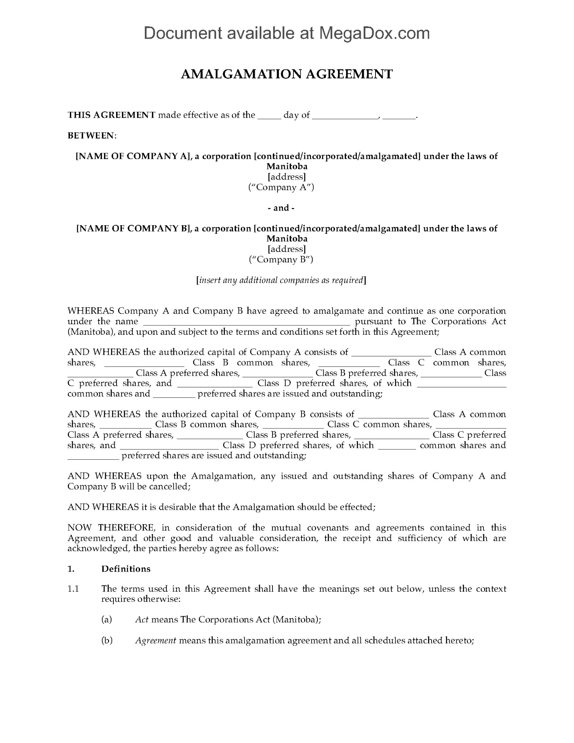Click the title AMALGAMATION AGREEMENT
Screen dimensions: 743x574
pyautogui.click(x=287, y=74)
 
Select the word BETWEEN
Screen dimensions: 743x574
pyautogui.click(x=91, y=136)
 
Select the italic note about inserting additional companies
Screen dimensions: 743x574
pyautogui.click(x=281, y=280)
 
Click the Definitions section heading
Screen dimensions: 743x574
pyautogui.click(x=126, y=569)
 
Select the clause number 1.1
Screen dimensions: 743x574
pyautogui.click(x=73, y=589)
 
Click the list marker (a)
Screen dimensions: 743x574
pyautogui.click(x=106, y=620)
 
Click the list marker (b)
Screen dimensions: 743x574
pyautogui.click(x=107, y=640)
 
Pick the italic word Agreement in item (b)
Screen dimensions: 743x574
pyautogui.click(x=156, y=640)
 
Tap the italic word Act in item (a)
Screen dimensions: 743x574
pyautogui.click(x=142, y=620)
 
